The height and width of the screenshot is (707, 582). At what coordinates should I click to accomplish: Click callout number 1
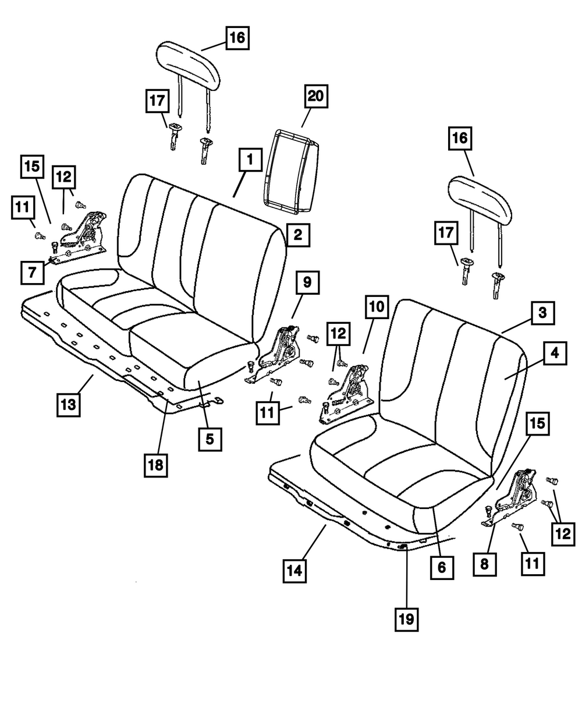coord(249,159)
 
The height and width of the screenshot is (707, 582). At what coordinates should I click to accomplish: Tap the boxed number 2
coord(297,235)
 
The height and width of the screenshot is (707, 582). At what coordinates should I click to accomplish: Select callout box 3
coord(541,313)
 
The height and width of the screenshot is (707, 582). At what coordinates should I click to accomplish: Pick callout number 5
coord(210,439)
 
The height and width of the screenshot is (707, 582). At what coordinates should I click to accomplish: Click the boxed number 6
coord(441,567)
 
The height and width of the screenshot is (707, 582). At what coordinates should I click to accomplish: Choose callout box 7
coord(32,273)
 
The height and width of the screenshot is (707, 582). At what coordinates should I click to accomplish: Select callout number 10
coord(376,307)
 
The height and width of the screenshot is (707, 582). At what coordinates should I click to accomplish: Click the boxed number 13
coord(69,404)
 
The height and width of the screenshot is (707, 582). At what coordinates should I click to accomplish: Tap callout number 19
coord(406,619)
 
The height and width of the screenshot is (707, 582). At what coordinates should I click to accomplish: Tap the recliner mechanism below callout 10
coord(347,391)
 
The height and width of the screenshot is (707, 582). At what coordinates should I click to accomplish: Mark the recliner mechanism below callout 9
coord(278,352)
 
